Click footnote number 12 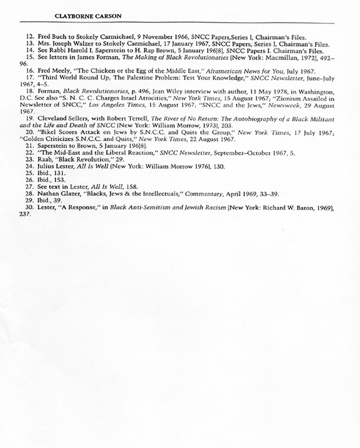pyautogui.click(x=29, y=37)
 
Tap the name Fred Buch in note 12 pyautogui.click(x=50, y=37)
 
